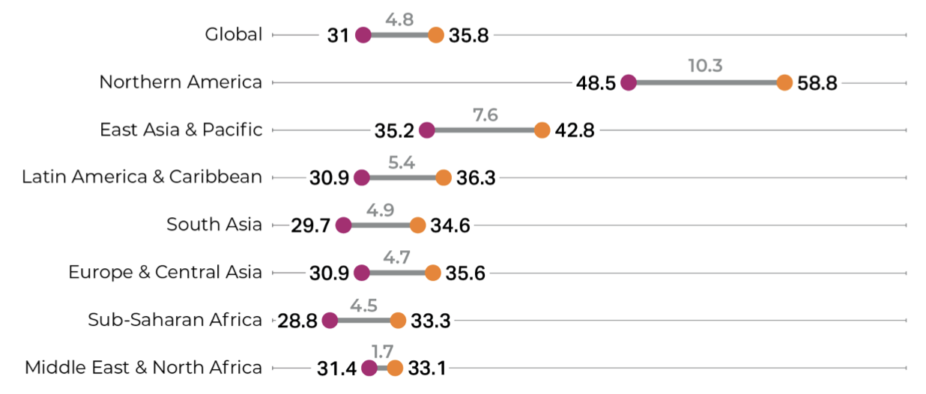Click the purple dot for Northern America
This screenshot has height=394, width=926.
[x=628, y=82]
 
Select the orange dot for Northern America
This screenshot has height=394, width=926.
[x=784, y=82]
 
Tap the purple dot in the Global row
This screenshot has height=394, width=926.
[x=363, y=34]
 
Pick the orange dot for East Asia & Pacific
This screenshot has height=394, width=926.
[x=542, y=130]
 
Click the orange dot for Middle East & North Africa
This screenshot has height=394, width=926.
[x=395, y=368]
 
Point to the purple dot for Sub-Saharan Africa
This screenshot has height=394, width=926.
[x=330, y=321]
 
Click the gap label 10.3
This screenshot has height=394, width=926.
[x=705, y=65]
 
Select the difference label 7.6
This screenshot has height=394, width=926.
[x=485, y=115]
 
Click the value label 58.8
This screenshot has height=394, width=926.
[x=817, y=83]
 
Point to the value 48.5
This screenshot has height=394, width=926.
[x=596, y=83]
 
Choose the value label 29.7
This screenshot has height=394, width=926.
[x=311, y=226]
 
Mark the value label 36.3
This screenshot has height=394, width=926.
[x=476, y=178]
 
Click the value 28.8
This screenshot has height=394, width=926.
[x=297, y=321]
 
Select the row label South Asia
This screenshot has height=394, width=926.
[x=214, y=225]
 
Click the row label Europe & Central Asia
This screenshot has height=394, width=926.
[x=165, y=272]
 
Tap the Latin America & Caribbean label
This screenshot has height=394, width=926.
[x=142, y=177]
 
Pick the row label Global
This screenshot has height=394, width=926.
[x=234, y=34]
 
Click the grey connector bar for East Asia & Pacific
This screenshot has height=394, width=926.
[x=484, y=130]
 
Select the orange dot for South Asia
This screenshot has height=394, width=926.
[x=417, y=225]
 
